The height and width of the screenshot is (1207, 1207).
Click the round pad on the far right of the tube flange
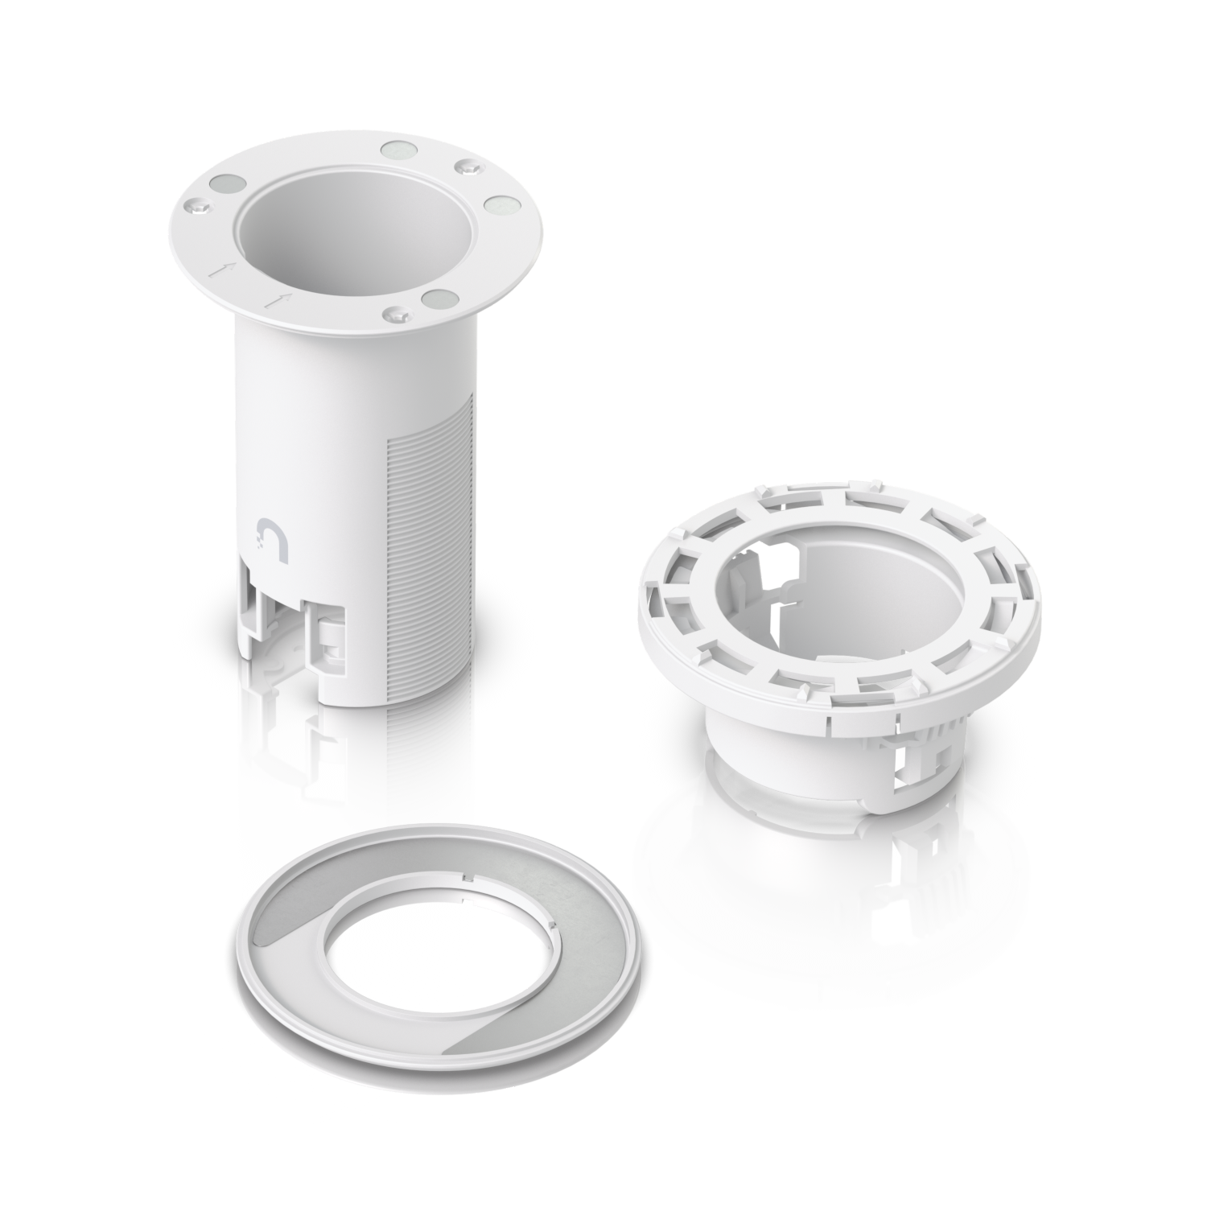click(499, 206)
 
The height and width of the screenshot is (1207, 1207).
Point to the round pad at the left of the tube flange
click(226, 184)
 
